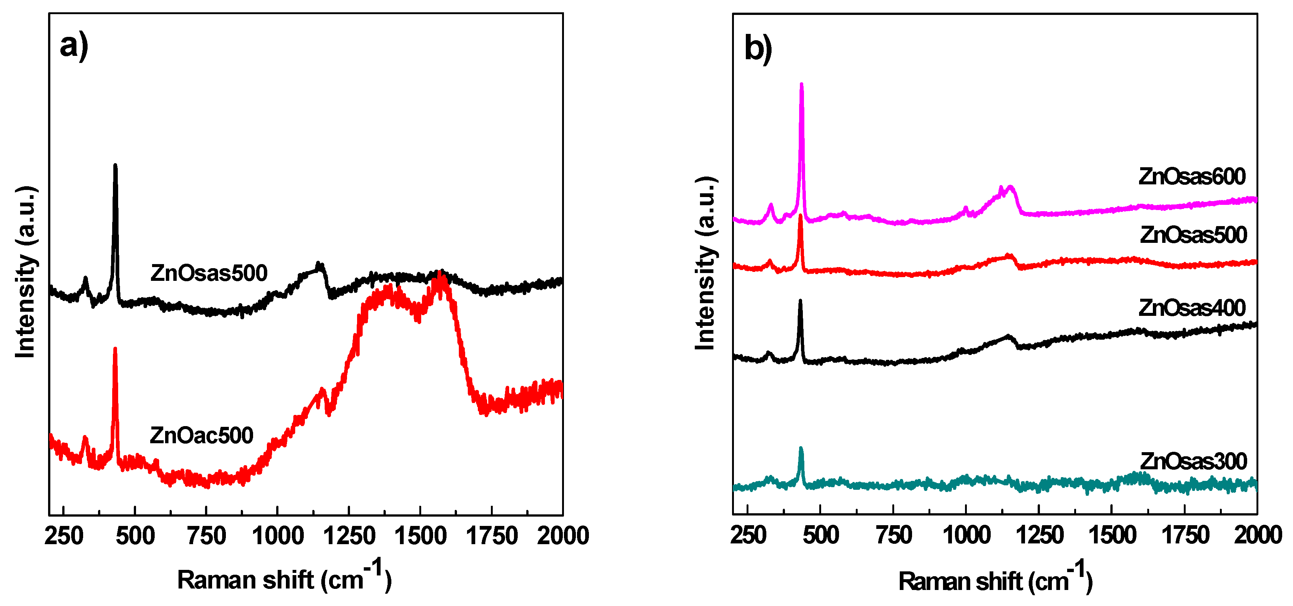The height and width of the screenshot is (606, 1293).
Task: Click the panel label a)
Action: point(74,46)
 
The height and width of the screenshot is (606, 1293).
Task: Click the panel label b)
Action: point(758,49)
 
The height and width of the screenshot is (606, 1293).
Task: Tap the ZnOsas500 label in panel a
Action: point(209,273)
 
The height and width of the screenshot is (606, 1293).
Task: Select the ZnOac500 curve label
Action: point(201,435)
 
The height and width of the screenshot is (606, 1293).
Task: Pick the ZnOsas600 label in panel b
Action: point(1192,177)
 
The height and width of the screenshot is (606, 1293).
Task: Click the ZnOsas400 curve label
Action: point(1192,308)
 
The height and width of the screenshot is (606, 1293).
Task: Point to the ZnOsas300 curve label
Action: point(1193,461)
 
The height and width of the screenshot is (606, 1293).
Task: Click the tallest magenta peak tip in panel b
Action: point(801,84)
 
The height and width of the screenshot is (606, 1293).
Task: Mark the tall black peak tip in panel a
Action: point(116,165)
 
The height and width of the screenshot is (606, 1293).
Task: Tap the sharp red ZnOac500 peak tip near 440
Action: point(115,348)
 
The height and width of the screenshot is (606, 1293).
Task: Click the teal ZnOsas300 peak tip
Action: point(801,448)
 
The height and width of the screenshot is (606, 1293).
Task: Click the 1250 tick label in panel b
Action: point(1040,536)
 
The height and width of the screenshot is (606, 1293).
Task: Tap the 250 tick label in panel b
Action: point(748,536)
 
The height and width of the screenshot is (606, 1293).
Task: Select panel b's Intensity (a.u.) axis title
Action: point(705,263)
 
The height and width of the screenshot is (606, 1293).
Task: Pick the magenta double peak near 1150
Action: point(1006,190)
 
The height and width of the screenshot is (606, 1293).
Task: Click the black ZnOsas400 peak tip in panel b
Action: point(800,301)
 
